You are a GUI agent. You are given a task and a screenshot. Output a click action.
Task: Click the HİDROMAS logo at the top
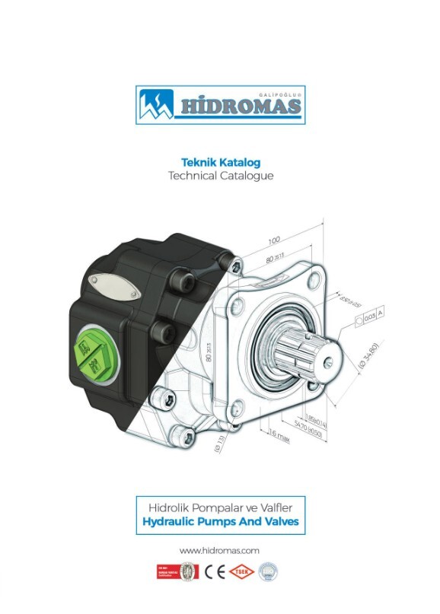pyautogui.click(x=220, y=104)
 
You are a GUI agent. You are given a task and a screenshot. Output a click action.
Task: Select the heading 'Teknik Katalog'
pyautogui.click(x=220, y=161)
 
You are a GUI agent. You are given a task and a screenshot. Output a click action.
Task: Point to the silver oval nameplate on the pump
pyautogui.click(x=114, y=286)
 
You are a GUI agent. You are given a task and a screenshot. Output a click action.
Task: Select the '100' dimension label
pyautogui.click(x=274, y=240)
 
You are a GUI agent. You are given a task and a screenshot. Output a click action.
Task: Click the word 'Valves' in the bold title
pyautogui.click(x=279, y=523)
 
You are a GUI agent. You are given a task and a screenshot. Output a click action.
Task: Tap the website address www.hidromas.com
pyautogui.click(x=220, y=549)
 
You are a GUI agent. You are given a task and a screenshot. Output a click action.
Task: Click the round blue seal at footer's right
pyautogui.click(x=266, y=571)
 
